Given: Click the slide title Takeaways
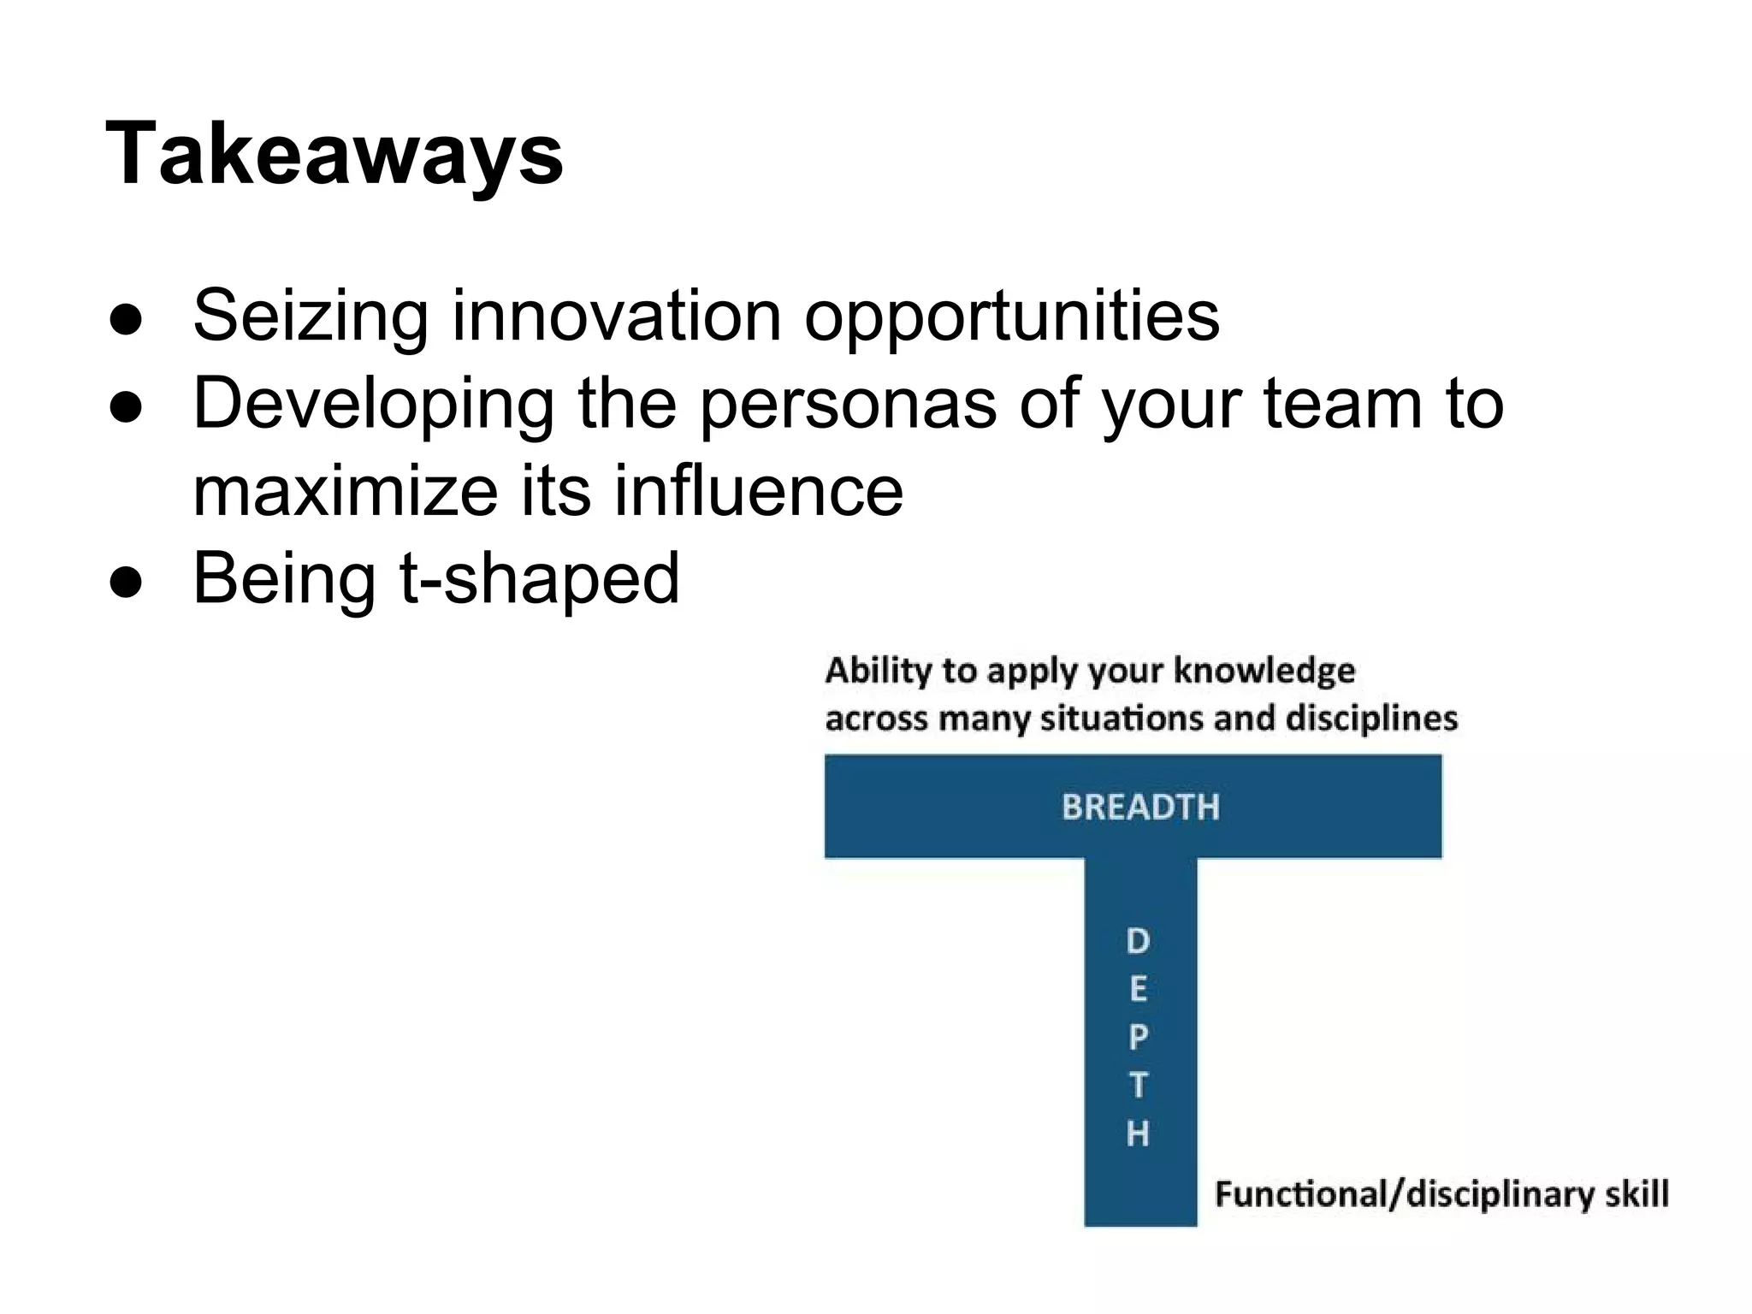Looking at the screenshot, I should [334, 154].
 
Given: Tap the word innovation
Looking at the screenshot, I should [616, 315].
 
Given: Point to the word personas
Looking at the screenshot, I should [848, 404].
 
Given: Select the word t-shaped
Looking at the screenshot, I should [539, 580].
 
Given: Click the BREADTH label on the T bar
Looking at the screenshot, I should [1140, 807].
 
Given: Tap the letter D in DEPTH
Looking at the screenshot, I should [1138, 941].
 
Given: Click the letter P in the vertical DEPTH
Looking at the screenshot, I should [1138, 1038].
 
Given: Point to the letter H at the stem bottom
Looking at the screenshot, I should [1138, 1133].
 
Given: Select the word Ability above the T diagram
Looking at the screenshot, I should [879, 671].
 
